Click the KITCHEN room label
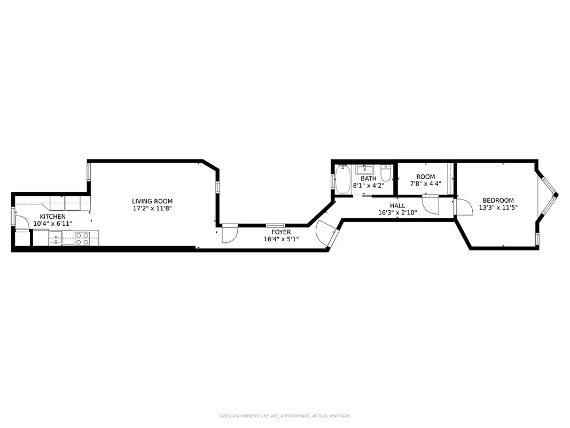pyautogui.click(x=52, y=217)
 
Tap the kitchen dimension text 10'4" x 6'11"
pyautogui.click(x=52, y=224)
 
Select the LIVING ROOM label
pyautogui.click(x=152, y=201)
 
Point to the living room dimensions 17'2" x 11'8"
pyautogui.click(x=152, y=209)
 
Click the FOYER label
pyautogui.click(x=281, y=232)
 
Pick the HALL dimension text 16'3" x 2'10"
pyautogui.click(x=397, y=212)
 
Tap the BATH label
pyautogui.click(x=368, y=179)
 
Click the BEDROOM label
pyautogui.click(x=498, y=201)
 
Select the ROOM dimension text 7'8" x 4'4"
pyautogui.click(x=425, y=184)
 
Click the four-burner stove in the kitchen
pyautogui.click(x=82, y=238)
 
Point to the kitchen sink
pyautogui.click(x=56, y=239)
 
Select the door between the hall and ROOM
pyautogui.click(x=430, y=204)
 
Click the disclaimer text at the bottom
pyautogui.click(x=284, y=416)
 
